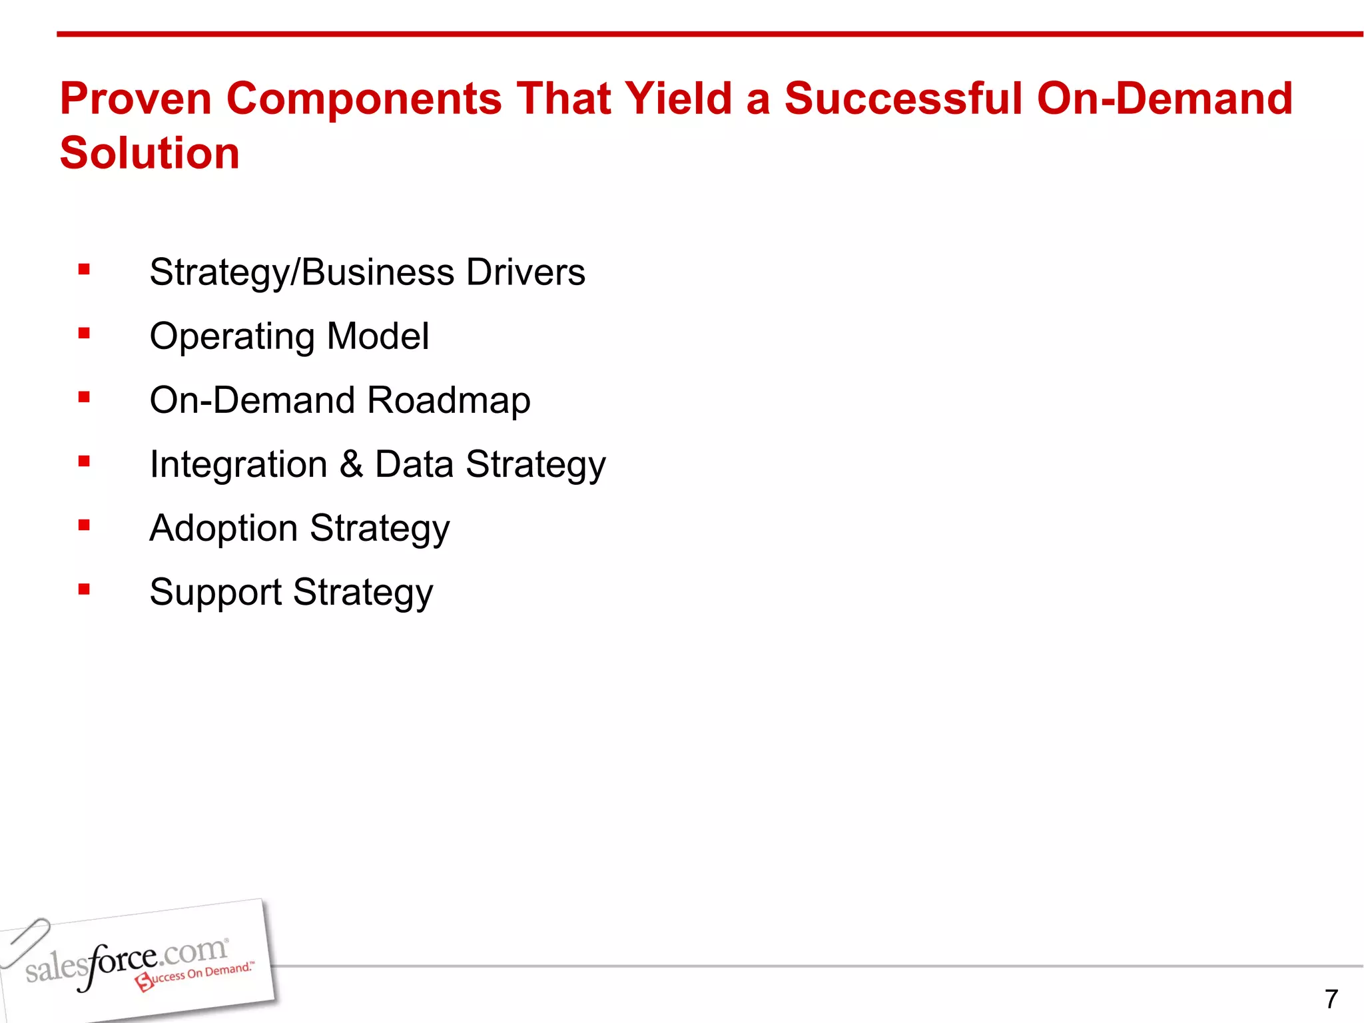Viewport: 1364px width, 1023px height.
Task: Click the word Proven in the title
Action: pyautogui.click(x=136, y=99)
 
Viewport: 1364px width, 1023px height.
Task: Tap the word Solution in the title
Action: pyautogui.click(x=150, y=153)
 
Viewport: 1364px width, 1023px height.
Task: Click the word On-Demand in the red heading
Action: pyautogui.click(x=1164, y=99)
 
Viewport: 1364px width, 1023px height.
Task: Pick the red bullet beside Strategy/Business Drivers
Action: pyautogui.click(x=84, y=270)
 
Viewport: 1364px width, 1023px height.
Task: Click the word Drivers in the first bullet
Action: pyautogui.click(x=525, y=272)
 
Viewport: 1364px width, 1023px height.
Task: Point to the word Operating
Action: pyautogui.click(x=232, y=337)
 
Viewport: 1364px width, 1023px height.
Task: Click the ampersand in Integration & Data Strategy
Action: pyautogui.click(x=351, y=464)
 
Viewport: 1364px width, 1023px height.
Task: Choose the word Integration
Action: pyautogui.click(x=238, y=465)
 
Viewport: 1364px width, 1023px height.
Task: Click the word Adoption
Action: pyautogui.click(x=224, y=529)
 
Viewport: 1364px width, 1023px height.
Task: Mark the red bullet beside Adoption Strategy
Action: pyautogui.click(x=84, y=525)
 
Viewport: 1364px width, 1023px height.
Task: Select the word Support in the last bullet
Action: pyautogui.click(x=216, y=593)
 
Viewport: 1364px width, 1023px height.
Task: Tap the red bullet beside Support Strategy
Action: pyautogui.click(x=84, y=589)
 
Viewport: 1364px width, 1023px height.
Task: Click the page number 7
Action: pyautogui.click(x=1331, y=999)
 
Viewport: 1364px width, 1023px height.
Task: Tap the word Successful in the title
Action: pyautogui.click(x=903, y=99)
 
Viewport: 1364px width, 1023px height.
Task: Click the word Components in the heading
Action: pyautogui.click(x=364, y=99)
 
